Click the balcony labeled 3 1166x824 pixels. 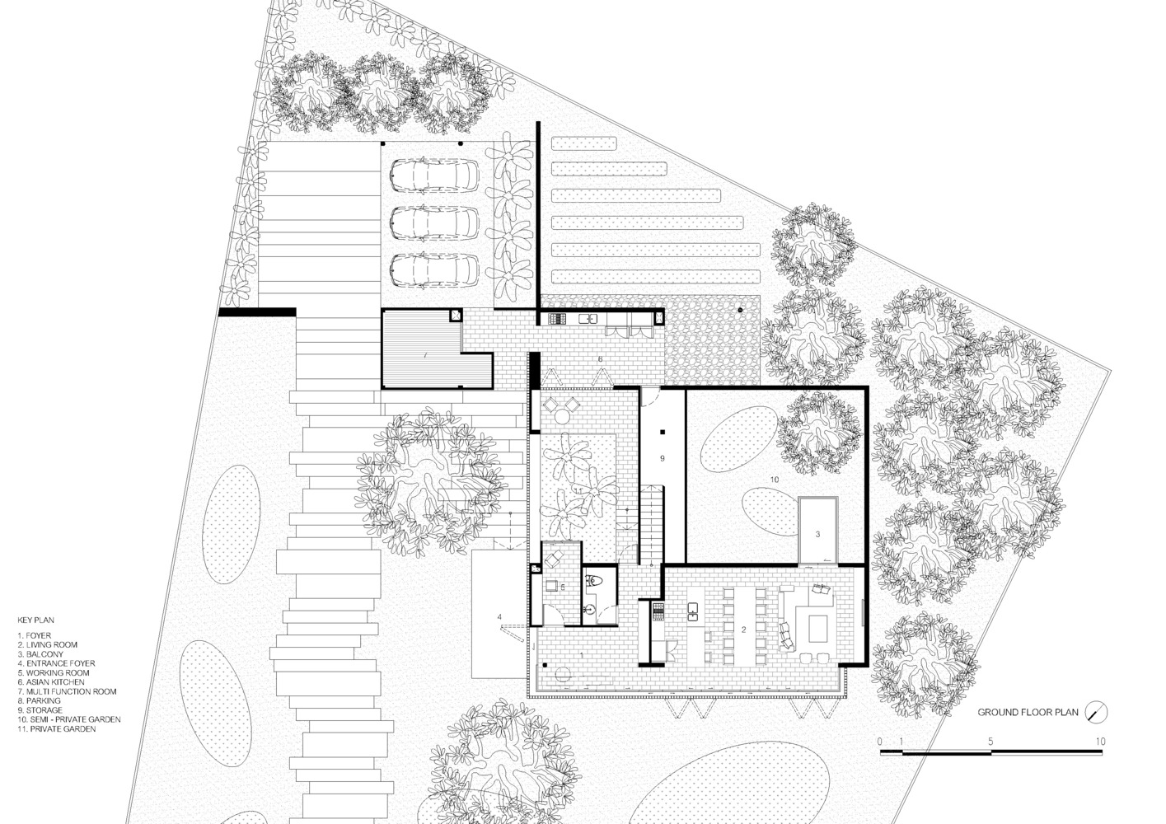pos(817,531)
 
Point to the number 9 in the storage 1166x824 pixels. pos(662,457)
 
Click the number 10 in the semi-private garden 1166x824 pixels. pos(774,478)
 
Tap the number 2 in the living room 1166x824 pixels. pos(743,630)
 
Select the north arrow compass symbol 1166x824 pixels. pos(1096,712)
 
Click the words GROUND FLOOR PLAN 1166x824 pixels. pos(1028,713)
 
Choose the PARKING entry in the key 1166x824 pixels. pos(40,701)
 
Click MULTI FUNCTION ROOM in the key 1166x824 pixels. pos(70,692)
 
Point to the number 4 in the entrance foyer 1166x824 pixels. pos(499,616)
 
